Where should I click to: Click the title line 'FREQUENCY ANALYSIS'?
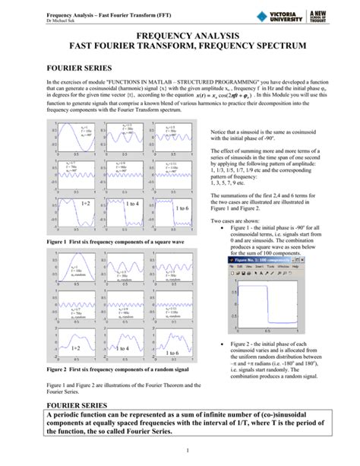180,36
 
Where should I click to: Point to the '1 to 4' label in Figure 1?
132,203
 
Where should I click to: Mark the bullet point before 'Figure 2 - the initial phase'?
219,345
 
